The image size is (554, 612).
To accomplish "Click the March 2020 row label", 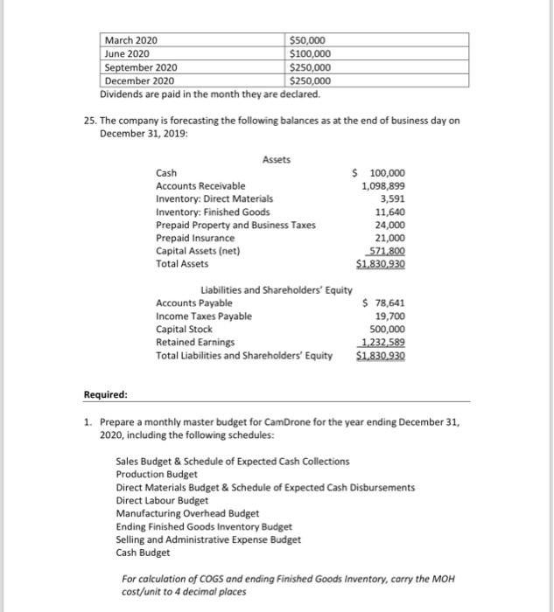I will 132,40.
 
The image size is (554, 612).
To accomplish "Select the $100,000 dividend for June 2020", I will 311,53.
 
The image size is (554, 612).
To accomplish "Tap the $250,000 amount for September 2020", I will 311,67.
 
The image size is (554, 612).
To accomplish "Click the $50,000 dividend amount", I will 308,40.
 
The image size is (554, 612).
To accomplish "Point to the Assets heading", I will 277,159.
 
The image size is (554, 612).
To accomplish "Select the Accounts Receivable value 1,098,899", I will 382,186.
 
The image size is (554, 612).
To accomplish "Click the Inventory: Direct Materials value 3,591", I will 391,198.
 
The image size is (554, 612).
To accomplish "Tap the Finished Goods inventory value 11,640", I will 389,212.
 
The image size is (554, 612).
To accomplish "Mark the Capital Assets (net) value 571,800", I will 385,250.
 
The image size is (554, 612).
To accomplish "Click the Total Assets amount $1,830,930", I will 380,263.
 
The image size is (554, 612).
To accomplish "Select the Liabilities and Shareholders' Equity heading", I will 277,290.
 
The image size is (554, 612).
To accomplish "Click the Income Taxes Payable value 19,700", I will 389,316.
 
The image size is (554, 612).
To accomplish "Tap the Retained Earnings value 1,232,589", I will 382,343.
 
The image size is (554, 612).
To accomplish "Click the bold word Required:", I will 105,394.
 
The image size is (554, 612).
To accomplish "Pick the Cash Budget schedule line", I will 144,553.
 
